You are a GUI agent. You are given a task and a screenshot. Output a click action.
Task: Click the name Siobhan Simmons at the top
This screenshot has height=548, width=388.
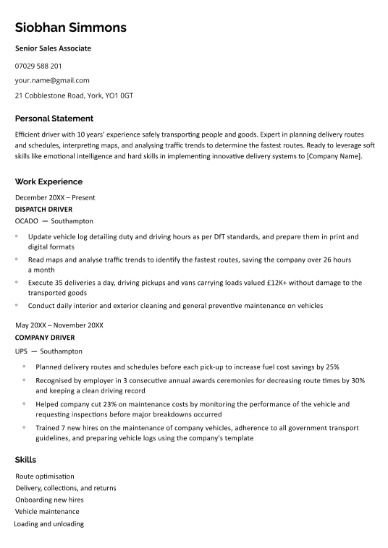coord(71,27)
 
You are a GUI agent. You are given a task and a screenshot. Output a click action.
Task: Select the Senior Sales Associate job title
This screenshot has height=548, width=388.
coord(53,48)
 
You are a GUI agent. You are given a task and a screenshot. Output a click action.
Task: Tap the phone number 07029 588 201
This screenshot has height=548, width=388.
coord(43,65)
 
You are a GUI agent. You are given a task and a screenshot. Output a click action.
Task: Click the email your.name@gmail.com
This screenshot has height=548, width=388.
coord(52,80)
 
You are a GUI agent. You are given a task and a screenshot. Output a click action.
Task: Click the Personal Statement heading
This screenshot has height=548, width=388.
coord(54,118)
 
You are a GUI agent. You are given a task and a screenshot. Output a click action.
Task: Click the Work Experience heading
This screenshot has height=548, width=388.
coord(48,181)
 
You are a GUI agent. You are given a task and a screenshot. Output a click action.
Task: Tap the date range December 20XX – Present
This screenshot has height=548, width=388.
coord(55,197)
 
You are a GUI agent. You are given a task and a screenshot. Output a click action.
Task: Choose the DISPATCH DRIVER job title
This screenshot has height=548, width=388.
coord(44,209)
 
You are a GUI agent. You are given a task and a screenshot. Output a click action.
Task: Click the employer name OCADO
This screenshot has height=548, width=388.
coord(26,221)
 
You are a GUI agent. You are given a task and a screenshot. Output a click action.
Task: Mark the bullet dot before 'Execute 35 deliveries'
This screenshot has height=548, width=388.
coord(17,282)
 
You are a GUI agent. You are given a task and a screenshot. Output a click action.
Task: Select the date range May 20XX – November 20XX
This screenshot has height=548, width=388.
coord(59,325)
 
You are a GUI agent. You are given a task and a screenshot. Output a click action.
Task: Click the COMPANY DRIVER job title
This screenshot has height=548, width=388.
coord(45,336)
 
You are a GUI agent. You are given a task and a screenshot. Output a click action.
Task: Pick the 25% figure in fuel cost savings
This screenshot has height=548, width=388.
coord(333,367)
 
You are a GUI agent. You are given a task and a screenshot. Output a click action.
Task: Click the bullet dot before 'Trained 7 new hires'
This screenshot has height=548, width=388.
coord(24,427)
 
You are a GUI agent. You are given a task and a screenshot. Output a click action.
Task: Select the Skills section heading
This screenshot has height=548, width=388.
coord(25,460)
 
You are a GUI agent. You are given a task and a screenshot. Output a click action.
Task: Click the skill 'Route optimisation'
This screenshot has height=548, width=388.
coord(45,476)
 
